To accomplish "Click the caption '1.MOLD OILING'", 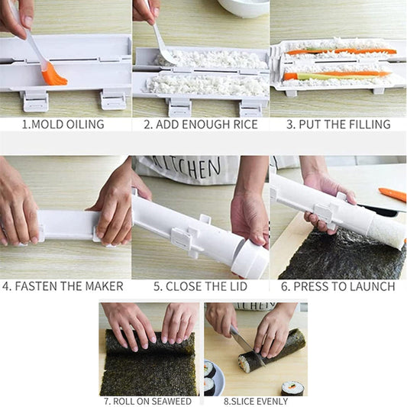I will (63, 124).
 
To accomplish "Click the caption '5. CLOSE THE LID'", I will (199, 286).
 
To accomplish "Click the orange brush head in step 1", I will (54, 74).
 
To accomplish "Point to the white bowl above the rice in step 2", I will (244, 7).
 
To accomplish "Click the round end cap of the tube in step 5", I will (251, 260).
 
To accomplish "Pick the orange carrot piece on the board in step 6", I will (392, 195).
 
